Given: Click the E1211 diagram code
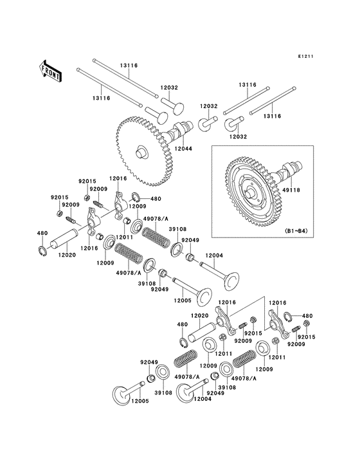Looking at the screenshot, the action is [x=306, y=56].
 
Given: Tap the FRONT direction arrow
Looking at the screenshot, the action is [x=50, y=71].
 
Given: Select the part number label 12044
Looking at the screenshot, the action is [x=183, y=149].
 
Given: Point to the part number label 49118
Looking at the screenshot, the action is [x=291, y=190].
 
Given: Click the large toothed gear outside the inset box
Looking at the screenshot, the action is [x=145, y=151].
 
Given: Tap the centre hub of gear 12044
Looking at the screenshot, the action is [x=141, y=151].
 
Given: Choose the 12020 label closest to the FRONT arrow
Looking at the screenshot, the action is [x=67, y=255].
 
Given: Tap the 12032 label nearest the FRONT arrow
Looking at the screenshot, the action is [x=169, y=88].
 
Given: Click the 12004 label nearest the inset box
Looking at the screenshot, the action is [x=214, y=255].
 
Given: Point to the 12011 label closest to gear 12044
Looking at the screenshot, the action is [x=124, y=237].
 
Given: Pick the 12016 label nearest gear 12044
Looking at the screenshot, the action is [x=118, y=178].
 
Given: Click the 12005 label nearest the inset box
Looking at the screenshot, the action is [x=183, y=300].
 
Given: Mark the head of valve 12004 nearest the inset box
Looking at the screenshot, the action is [x=231, y=280].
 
